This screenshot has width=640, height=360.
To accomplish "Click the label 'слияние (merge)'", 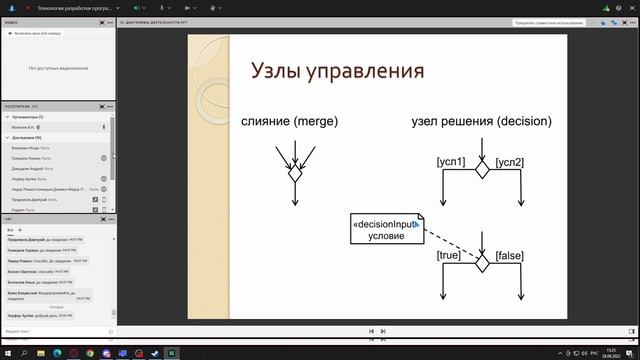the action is [x=290, y=121].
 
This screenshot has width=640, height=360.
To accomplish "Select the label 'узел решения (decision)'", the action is [x=481, y=121].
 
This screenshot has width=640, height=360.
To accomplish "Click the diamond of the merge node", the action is [x=295, y=173].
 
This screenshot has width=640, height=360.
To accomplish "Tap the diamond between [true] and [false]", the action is [x=482, y=262].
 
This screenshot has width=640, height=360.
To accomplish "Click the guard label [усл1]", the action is [x=451, y=161].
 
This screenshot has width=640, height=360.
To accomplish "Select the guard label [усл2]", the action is [x=511, y=161].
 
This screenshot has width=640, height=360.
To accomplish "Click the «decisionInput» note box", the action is [x=386, y=229].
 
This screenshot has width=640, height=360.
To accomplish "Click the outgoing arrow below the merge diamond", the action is [x=295, y=194].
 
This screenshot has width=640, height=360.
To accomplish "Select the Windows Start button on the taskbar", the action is [x=8, y=353].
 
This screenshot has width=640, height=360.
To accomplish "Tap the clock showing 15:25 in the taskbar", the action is [x=611, y=353].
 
